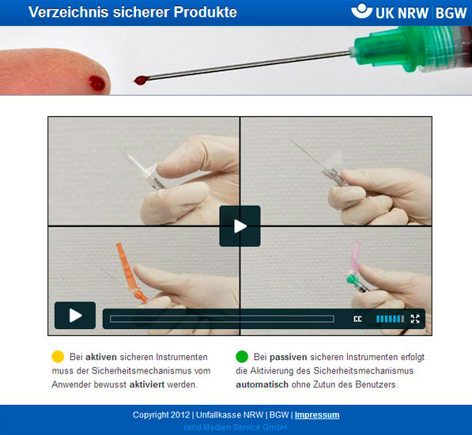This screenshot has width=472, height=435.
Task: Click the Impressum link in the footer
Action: pyautogui.click(x=317, y=414)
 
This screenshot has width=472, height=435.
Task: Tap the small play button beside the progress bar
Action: pyautogui.click(x=75, y=316)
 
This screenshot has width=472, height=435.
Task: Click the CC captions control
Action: pyautogui.click(x=357, y=319)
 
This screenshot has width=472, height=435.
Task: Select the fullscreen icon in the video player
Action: pyautogui.click(x=415, y=319)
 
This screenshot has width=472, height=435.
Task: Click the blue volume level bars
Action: pyautogui.click(x=390, y=319)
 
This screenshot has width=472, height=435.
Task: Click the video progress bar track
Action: pyautogui.click(x=222, y=319)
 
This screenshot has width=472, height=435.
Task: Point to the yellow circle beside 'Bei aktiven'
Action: pyautogui.click(x=58, y=357)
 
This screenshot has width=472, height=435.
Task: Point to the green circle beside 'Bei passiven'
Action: pyautogui.click(x=242, y=357)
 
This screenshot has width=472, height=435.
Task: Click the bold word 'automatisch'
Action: pyautogui.click(x=262, y=384)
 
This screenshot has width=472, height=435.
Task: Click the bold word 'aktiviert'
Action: pyautogui.click(x=147, y=384)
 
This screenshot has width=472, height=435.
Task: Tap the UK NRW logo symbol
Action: pyautogui.click(x=361, y=11)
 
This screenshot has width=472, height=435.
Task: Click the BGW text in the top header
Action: pyautogui.click(x=451, y=13)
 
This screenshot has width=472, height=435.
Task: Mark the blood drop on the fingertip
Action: pyautogui.click(x=96, y=83)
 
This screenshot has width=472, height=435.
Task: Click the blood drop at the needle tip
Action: pyautogui.click(x=141, y=80)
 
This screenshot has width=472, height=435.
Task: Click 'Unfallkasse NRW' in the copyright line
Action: pyautogui.click(x=230, y=414)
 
